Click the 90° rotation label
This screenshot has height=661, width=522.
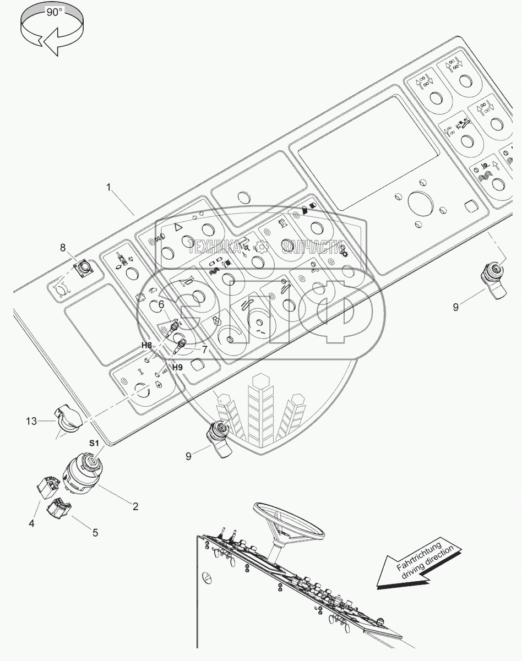[55, 13]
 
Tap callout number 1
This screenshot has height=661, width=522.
[108, 187]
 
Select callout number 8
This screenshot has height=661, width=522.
[63, 247]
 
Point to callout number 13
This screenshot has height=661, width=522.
[31, 421]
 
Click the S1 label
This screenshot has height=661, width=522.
[94, 443]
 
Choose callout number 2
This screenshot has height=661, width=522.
[135, 506]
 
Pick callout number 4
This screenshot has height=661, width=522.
[32, 523]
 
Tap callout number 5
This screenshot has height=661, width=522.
[95, 532]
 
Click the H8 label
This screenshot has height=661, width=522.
[146, 345]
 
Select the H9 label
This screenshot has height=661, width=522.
[177, 367]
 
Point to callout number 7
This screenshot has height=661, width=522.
[205, 349]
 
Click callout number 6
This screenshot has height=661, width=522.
[161, 304]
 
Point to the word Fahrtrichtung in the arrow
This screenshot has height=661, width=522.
[418, 556]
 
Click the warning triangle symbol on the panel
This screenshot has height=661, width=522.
[178, 227]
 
